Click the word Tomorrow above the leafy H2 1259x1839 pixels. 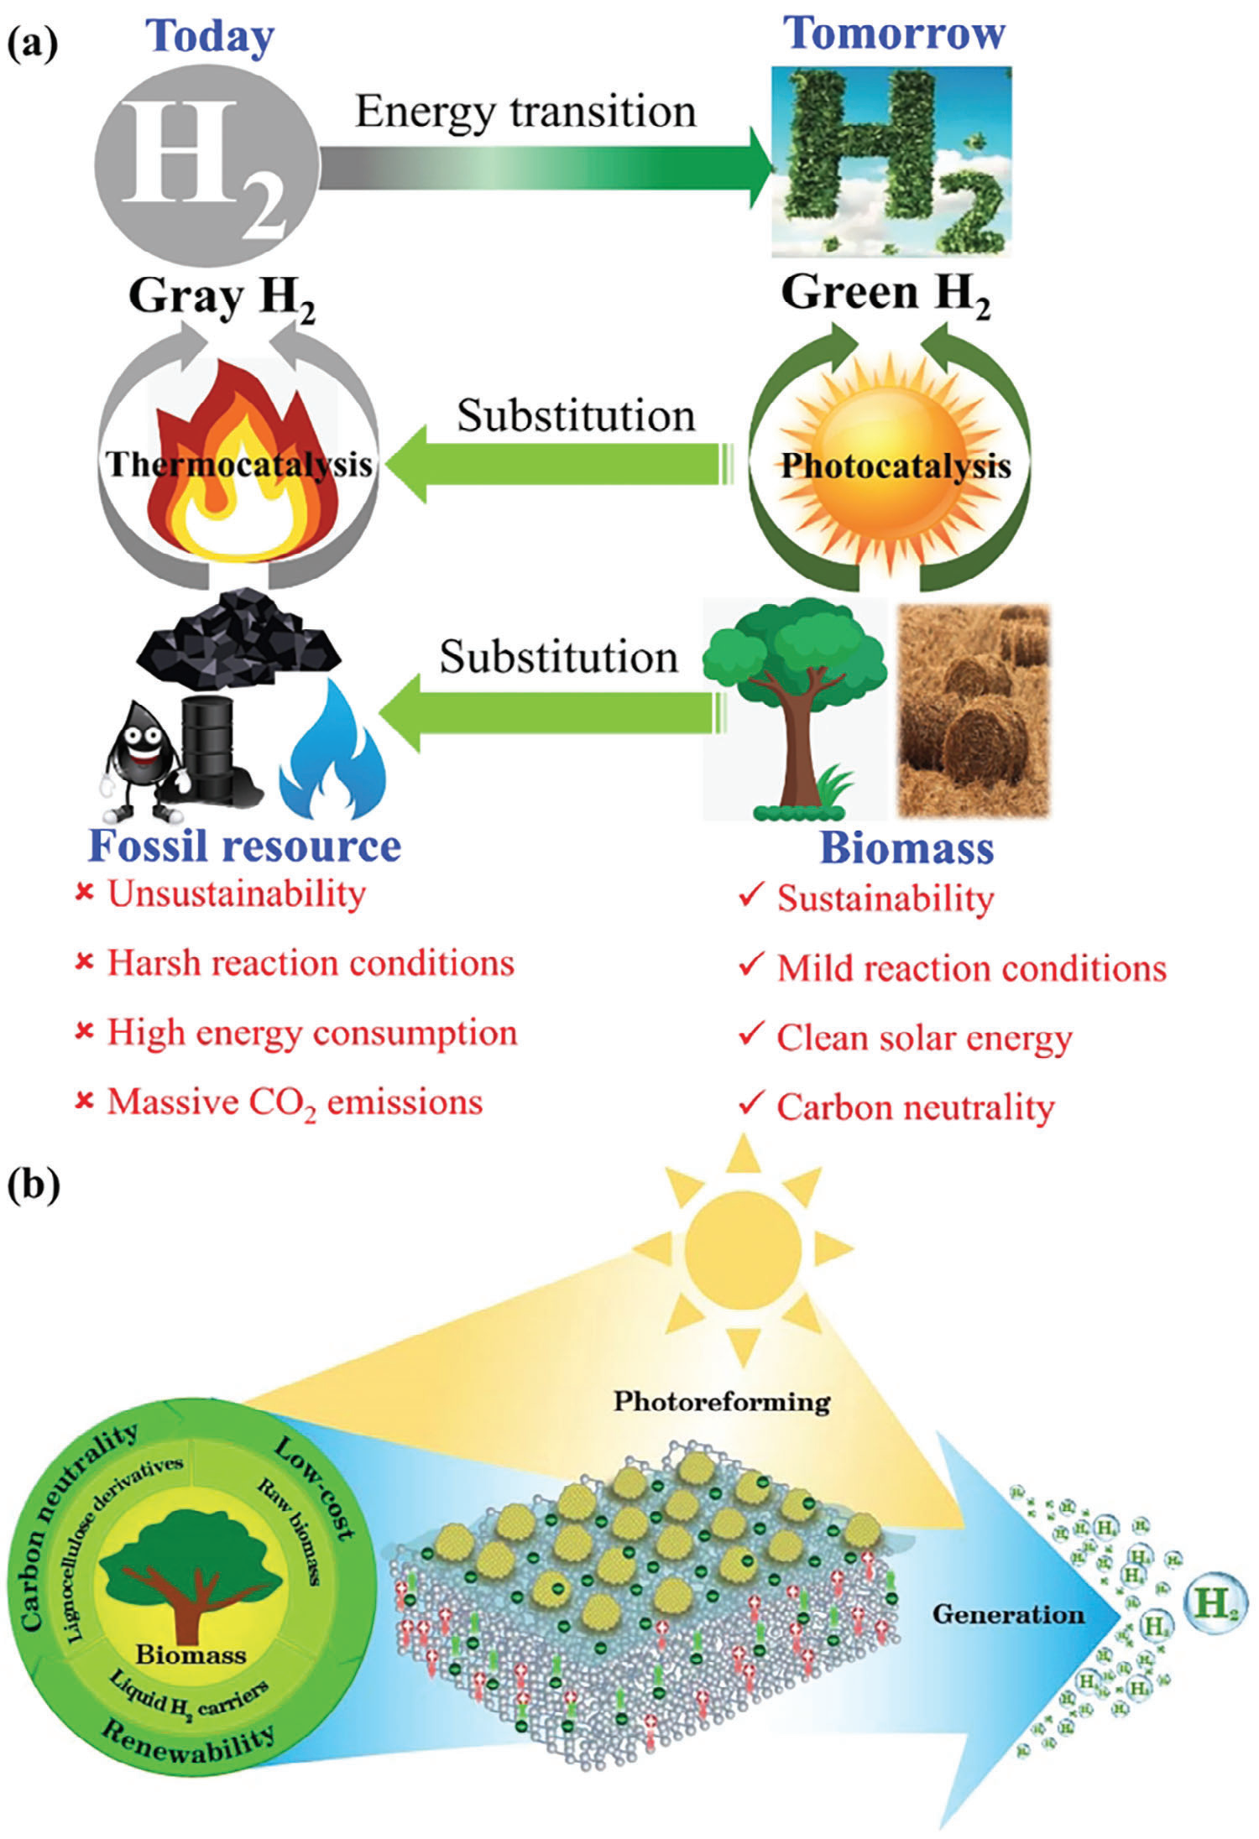893,34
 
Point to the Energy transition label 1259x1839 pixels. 525,111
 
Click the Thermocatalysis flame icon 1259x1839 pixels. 240,466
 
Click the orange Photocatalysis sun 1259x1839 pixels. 895,466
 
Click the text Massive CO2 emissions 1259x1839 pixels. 295,1102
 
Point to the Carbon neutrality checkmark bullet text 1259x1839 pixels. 915,1107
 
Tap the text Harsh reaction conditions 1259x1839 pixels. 311,963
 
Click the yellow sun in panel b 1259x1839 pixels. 742,1250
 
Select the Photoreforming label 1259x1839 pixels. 722,1401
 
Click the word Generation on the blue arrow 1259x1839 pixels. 1008,1614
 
